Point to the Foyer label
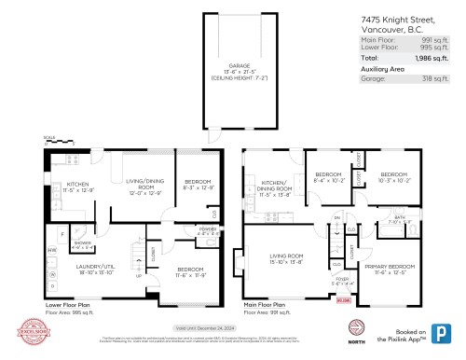[342, 279]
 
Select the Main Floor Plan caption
[267, 303]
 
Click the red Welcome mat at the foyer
[342, 300]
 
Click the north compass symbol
[353, 328]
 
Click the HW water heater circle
[52, 251]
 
